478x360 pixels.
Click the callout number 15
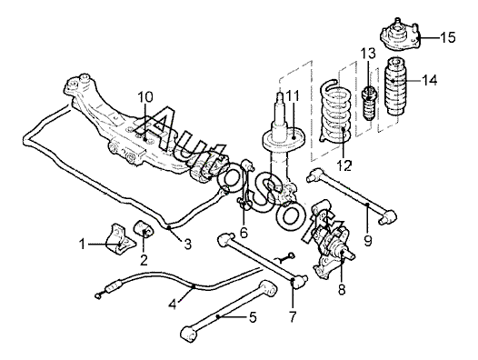point(448,38)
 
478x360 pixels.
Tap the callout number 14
point(430,81)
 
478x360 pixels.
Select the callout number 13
point(368,54)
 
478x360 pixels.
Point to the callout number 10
point(145,97)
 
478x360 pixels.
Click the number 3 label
point(187,244)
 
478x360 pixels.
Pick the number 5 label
point(253,317)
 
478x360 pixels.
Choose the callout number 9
point(368,241)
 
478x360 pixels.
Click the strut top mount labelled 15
point(401,35)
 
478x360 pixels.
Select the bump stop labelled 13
point(369,104)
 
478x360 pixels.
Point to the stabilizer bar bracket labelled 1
point(121,239)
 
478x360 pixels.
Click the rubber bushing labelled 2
point(144,229)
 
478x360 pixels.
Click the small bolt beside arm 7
point(285,257)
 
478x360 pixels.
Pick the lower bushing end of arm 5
point(190,335)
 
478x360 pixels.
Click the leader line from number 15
point(430,38)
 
